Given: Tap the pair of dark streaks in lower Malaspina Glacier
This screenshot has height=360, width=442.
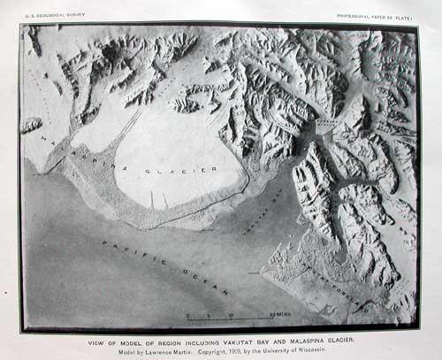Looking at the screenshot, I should pos(159,200).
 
